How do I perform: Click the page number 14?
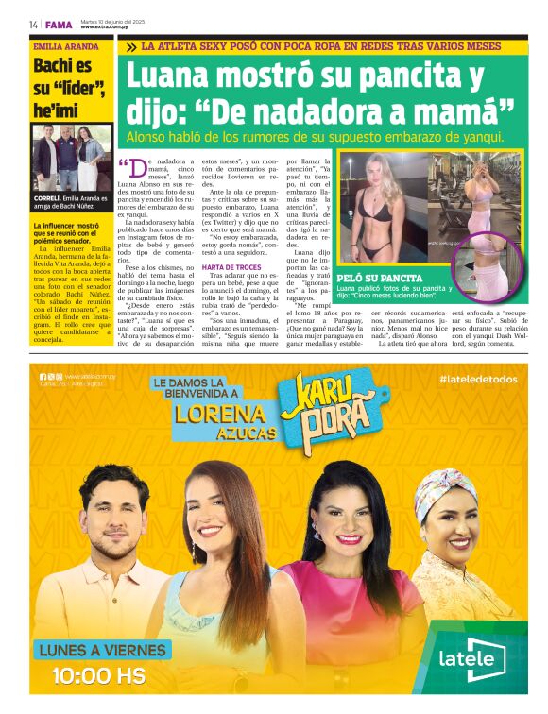pyautogui.click(x=33, y=25)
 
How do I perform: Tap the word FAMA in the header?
pyautogui.click(x=60, y=25)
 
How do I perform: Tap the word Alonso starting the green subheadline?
pyautogui.click(x=151, y=136)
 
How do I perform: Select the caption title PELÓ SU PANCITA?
pyautogui.click(x=379, y=279)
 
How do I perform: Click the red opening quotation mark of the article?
pyautogui.click(x=124, y=164)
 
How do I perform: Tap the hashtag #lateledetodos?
pyautogui.click(x=478, y=379)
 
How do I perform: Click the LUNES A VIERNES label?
pyautogui.click(x=102, y=650)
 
